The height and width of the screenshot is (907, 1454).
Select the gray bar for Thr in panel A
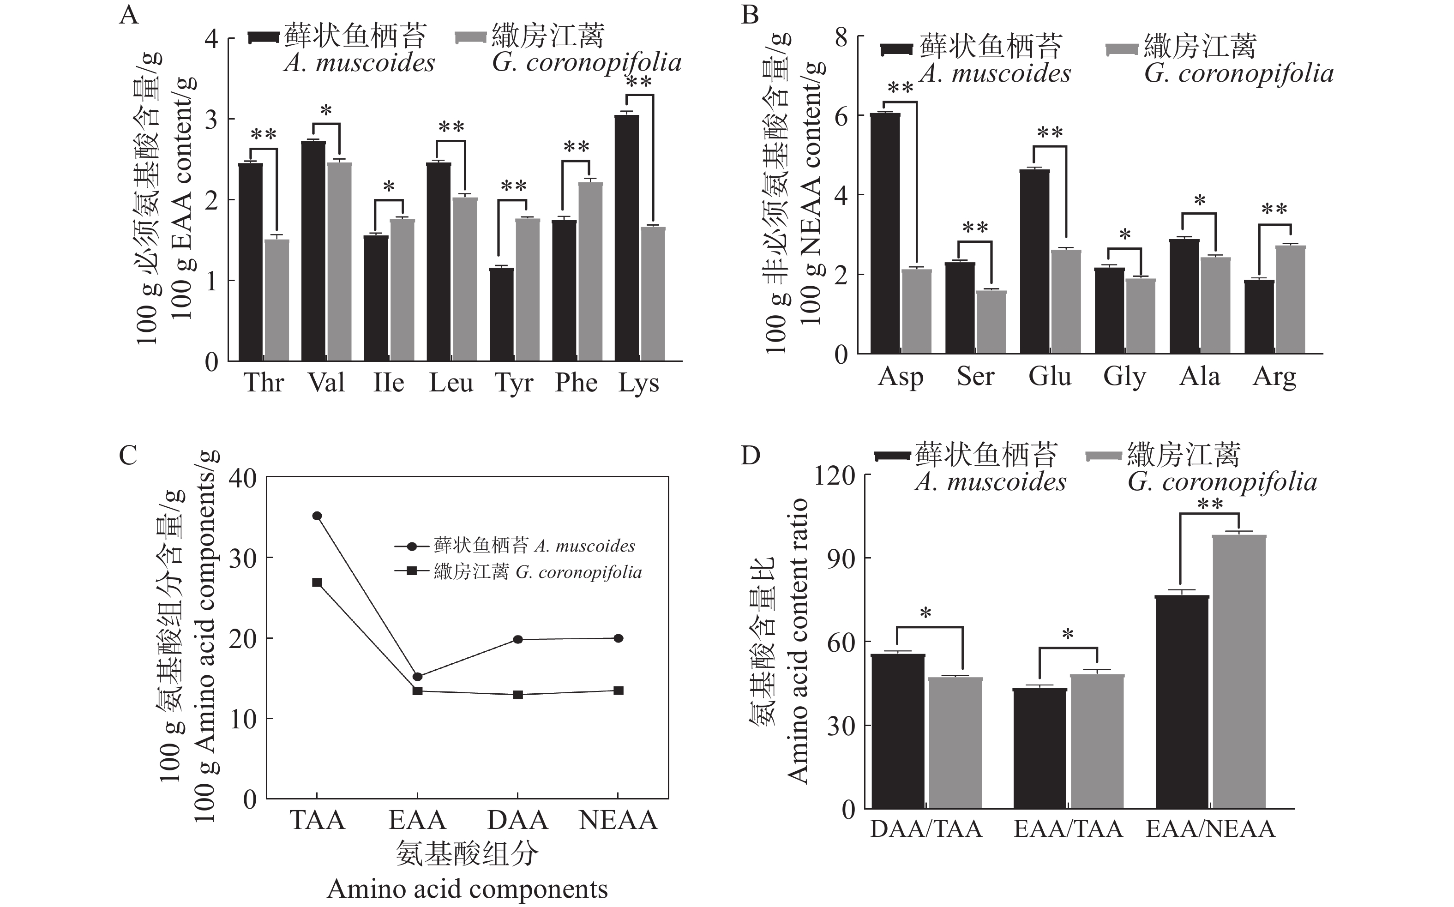tap(276, 300)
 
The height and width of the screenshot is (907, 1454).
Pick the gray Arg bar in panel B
tap(1290, 300)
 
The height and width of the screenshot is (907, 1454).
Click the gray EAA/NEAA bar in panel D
tap(1238, 672)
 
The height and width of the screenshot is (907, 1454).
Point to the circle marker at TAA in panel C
tap(317, 516)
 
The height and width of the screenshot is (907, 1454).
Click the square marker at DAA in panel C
tap(517, 695)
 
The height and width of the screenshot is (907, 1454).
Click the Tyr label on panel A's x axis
tap(513, 383)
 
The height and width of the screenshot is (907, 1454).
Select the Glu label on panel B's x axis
tap(1050, 376)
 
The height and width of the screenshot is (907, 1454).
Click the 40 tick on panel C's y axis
tap(242, 478)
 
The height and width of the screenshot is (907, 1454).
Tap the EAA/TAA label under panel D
tap(1068, 829)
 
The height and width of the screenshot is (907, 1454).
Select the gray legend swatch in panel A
tap(470, 38)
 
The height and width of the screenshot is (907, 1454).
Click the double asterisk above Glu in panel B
tap(1050, 132)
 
